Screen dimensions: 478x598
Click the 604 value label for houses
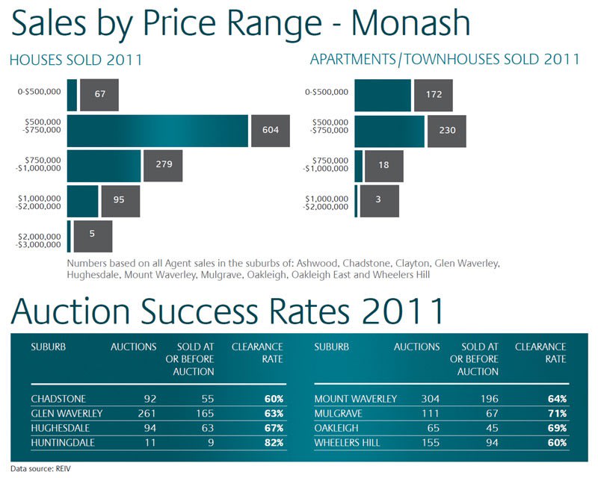coord(270,130)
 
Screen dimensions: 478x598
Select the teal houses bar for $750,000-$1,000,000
coord(104,165)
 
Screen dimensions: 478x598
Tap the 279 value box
coord(163,165)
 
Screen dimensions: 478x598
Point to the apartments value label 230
coord(446,130)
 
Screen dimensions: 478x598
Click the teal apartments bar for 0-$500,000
coord(382,94)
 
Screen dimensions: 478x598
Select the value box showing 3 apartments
coord(379,200)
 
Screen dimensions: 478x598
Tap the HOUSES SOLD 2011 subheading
coord(75,60)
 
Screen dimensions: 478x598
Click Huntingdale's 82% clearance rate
coord(273,443)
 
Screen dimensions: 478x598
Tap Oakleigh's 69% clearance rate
coord(556,428)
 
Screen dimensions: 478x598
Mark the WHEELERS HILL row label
coord(347,443)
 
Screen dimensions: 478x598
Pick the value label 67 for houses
coord(99,94)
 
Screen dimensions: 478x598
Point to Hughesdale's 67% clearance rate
coord(273,428)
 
